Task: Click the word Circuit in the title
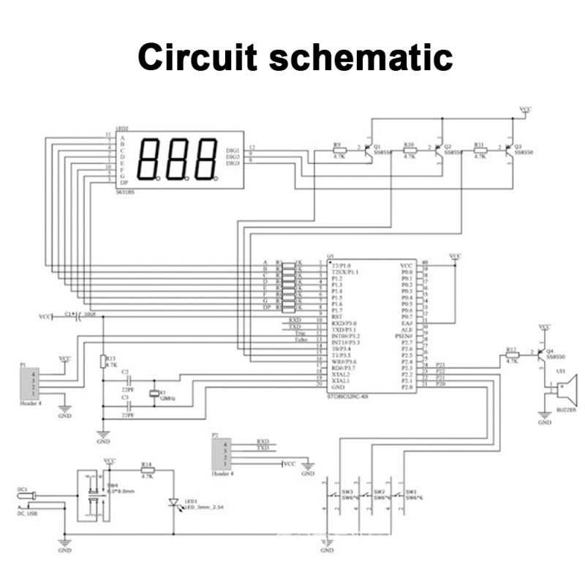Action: point(196,56)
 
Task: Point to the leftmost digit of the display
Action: point(148,158)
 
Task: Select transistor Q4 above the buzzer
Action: point(542,355)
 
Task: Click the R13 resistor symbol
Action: point(103,361)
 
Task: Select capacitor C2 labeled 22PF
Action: point(129,380)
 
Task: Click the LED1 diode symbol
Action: point(174,502)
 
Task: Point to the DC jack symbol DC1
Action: point(26,497)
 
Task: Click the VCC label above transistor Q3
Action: point(525,109)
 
